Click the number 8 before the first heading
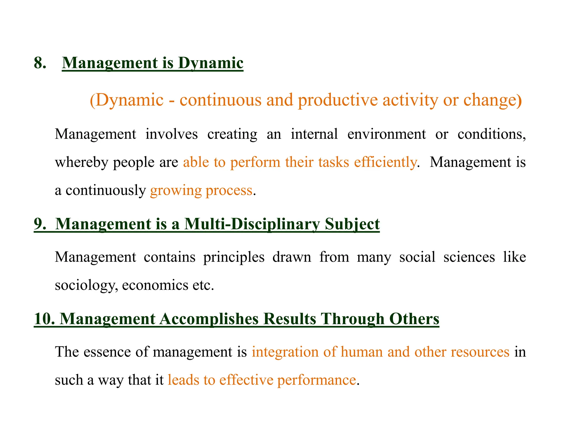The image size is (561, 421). pyautogui.click(x=40, y=63)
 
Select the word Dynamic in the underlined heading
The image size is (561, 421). pyautogui.click(x=211, y=63)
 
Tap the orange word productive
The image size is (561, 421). pyautogui.click(x=338, y=100)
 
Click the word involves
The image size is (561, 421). pyautogui.click(x=171, y=134)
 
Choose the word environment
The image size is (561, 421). pyautogui.click(x=387, y=134)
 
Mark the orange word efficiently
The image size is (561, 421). pyautogui.click(x=385, y=163)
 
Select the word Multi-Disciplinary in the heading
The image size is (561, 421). pyautogui.click(x=252, y=224)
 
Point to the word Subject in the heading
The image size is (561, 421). pyautogui.click(x=352, y=224)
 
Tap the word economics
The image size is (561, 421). pyautogui.click(x=155, y=285)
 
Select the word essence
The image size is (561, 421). pyautogui.click(x=107, y=352)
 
